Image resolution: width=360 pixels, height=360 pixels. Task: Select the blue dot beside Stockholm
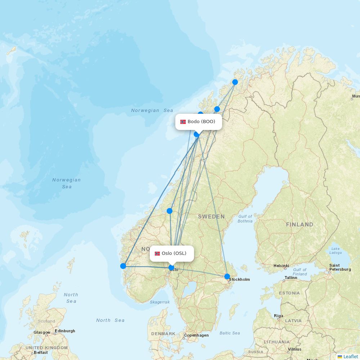[x=227, y=276]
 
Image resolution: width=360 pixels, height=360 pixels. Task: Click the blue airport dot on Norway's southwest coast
[x=123, y=266]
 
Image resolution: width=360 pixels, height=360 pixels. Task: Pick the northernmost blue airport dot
[x=235, y=82]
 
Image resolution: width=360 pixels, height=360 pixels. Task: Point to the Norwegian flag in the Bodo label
[x=183, y=122]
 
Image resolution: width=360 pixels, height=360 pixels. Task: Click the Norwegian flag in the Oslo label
[x=157, y=253]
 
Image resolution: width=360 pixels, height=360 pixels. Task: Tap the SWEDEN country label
[x=211, y=217]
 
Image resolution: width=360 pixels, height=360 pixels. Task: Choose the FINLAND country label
[x=300, y=225]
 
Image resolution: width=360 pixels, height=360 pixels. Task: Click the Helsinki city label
[x=281, y=266]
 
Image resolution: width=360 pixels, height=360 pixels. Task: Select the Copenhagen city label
[x=196, y=336]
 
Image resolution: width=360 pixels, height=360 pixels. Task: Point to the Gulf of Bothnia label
[x=245, y=219]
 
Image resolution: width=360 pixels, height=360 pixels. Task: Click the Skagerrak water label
[x=159, y=302]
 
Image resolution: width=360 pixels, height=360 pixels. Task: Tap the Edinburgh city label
[x=65, y=331]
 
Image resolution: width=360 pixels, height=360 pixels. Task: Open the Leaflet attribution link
[x=350, y=356]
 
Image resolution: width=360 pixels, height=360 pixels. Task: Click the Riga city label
[x=278, y=316]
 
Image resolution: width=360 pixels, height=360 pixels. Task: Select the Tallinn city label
[x=291, y=278]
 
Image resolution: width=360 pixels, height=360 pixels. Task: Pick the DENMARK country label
[x=163, y=334]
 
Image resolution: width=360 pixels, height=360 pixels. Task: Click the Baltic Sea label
[x=230, y=333]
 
